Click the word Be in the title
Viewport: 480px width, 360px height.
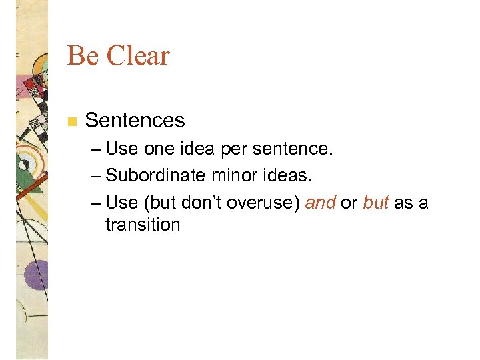pyautogui.click(x=83, y=56)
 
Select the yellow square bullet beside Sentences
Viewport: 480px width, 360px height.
pyautogui.click(x=72, y=121)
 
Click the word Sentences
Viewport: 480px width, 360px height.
pyautogui.click(x=135, y=121)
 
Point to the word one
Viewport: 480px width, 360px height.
pyautogui.click(x=158, y=149)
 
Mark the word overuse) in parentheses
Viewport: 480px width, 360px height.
pyautogui.click(x=263, y=202)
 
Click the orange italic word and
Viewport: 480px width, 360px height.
pyautogui.click(x=320, y=202)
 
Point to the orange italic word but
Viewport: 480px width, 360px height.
pyautogui.click(x=376, y=202)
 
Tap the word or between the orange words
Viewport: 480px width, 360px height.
pyautogui.click(x=349, y=202)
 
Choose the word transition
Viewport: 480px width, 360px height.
pyautogui.click(x=143, y=225)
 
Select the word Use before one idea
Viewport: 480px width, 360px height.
pyautogui.click(x=121, y=149)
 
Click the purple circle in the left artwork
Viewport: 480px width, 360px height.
pyautogui.click(x=35, y=274)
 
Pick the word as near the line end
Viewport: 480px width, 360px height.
pyautogui.click(x=404, y=202)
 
